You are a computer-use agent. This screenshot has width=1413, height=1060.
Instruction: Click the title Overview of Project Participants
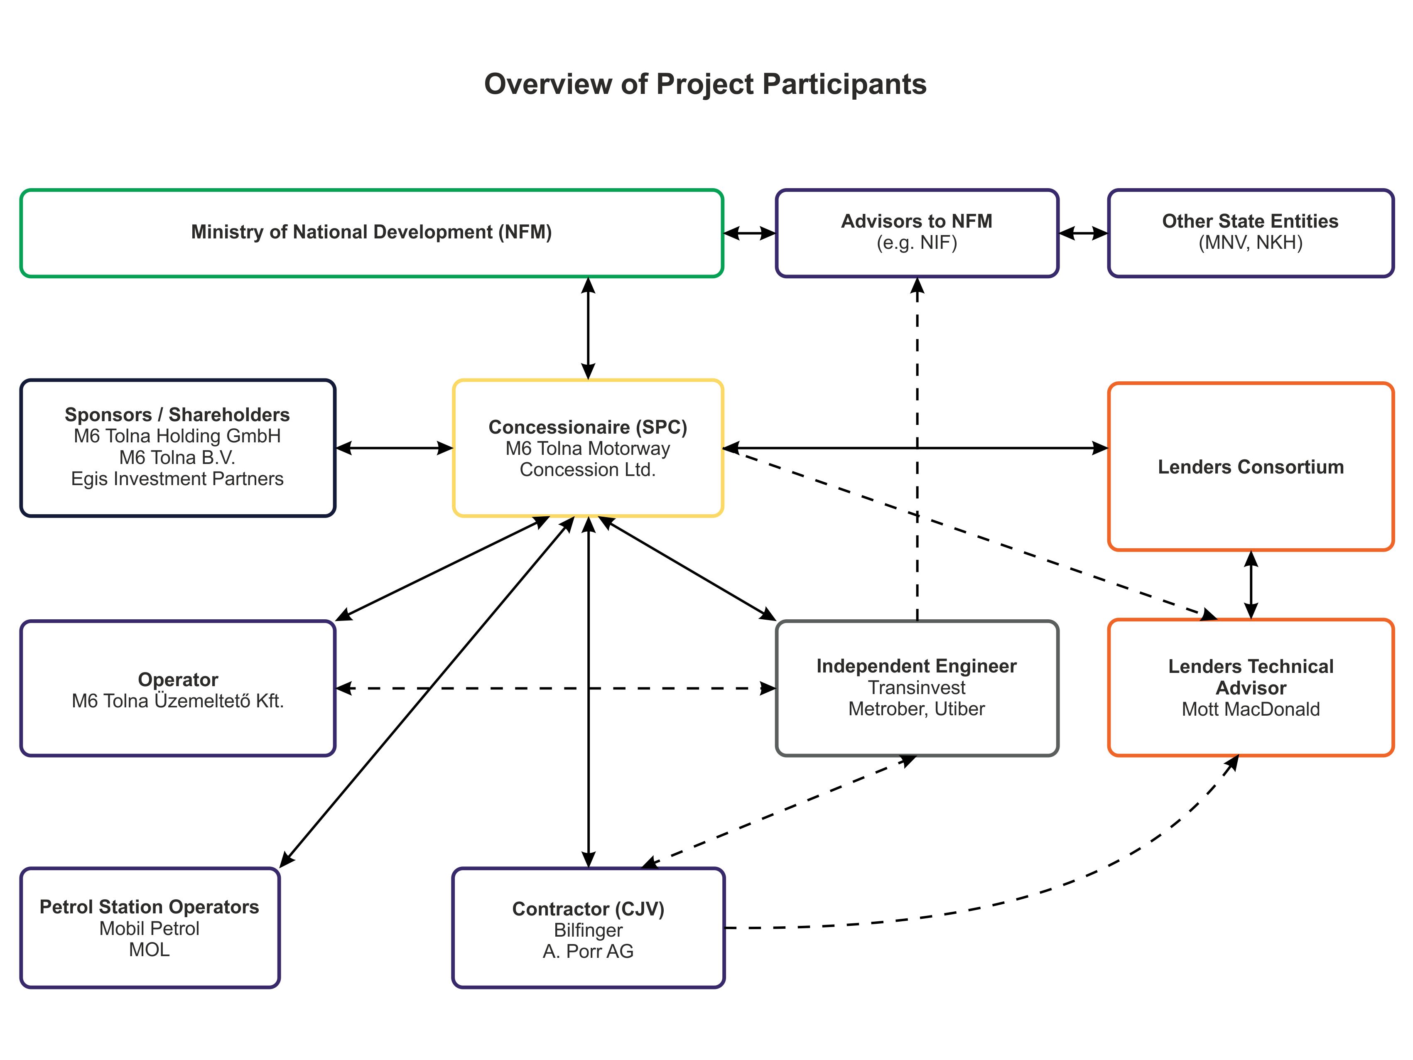click(705, 84)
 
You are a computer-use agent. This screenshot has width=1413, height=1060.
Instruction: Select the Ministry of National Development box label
click(371, 232)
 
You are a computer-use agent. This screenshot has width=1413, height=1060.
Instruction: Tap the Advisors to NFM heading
click(917, 221)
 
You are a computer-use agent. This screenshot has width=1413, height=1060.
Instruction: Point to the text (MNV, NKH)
click(1250, 243)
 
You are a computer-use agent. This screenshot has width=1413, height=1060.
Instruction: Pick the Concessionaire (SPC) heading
click(588, 427)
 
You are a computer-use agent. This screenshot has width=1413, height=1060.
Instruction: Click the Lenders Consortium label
click(1251, 467)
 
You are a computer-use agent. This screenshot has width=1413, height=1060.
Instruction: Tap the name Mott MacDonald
click(1251, 709)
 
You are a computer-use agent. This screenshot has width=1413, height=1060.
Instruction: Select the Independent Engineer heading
click(917, 666)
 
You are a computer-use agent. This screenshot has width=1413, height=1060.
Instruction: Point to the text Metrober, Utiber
click(917, 709)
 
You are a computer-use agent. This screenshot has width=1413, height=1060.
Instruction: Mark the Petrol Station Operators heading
click(150, 907)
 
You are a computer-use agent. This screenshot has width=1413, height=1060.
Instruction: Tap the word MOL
click(150, 950)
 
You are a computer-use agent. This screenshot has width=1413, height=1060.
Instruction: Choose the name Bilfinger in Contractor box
click(588, 930)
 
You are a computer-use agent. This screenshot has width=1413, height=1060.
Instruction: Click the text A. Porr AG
click(588, 952)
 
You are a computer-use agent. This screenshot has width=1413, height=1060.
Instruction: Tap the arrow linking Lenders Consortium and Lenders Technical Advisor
click(1251, 585)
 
